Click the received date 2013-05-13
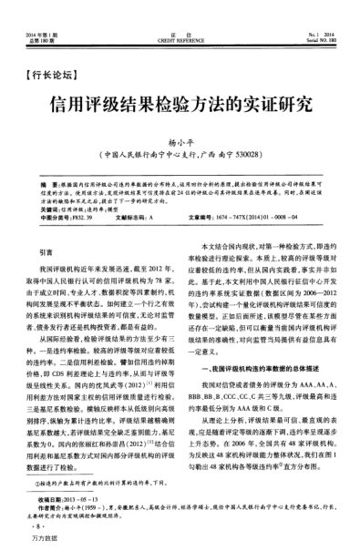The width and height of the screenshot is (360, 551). [x=88, y=502]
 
